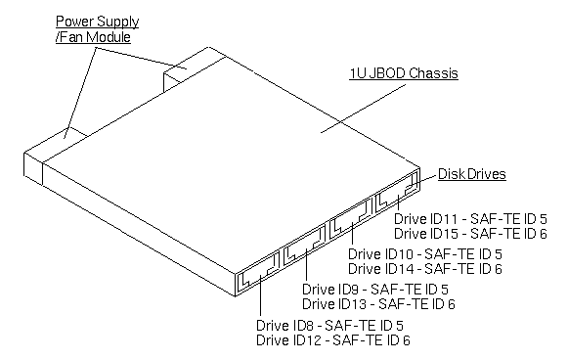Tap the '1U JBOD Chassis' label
(404, 74)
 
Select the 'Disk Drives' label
(471, 174)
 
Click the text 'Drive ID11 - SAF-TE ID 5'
(470, 219)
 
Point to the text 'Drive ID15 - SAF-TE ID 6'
(470, 234)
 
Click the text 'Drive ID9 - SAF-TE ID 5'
(375, 290)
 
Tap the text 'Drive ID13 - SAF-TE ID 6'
(375, 304)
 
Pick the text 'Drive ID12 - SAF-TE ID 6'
(332, 340)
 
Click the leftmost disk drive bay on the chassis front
(257, 275)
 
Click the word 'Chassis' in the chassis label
(435, 74)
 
